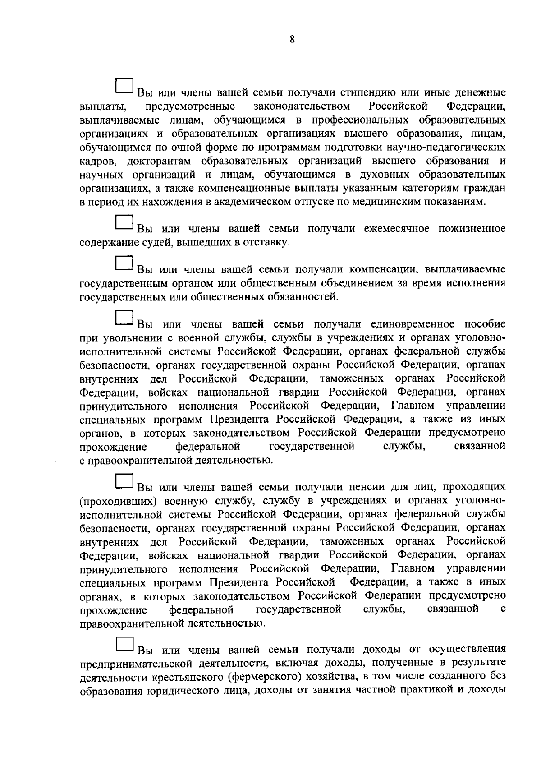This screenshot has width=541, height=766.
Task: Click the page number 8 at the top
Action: tap(292, 40)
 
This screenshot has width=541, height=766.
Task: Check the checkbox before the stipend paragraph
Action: tap(124, 86)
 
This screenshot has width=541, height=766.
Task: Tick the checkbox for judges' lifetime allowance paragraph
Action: tap(124, 222)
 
